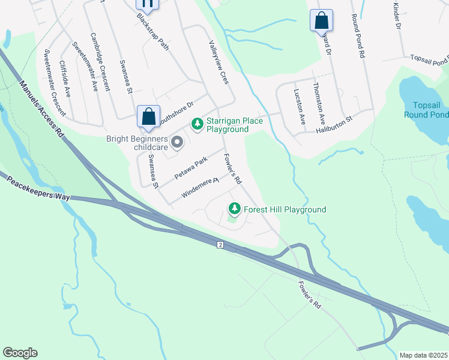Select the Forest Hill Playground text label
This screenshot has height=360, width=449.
tap(285, 209)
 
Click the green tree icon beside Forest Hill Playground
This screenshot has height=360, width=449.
tap(234, 209)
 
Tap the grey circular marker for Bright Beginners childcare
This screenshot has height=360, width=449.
tap(177, 142)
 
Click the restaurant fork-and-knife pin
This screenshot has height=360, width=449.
tap(147, 4)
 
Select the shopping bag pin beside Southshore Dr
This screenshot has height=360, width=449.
tap(148, 116)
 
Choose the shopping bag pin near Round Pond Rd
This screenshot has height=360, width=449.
tap(321, 21)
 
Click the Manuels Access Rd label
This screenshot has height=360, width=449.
tap(43, 109)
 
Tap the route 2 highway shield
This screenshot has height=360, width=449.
tap(220, 245)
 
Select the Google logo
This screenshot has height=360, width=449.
tap(20, 353)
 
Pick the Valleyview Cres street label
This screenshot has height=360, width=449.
tap(218, 62)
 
